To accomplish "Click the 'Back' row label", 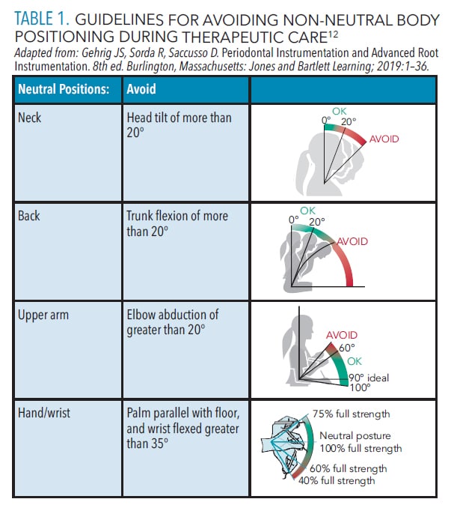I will pos(29,216).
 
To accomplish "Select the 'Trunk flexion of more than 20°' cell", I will pos(177,223).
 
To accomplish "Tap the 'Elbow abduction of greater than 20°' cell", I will pos(172,322).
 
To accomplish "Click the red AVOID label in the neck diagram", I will pos(384,139).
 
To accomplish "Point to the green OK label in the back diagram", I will pos(307,211).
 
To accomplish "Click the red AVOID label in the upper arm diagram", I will pos(341,335).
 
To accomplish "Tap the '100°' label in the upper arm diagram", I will pos(361,387).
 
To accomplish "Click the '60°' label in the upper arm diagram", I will pos(349,348).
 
